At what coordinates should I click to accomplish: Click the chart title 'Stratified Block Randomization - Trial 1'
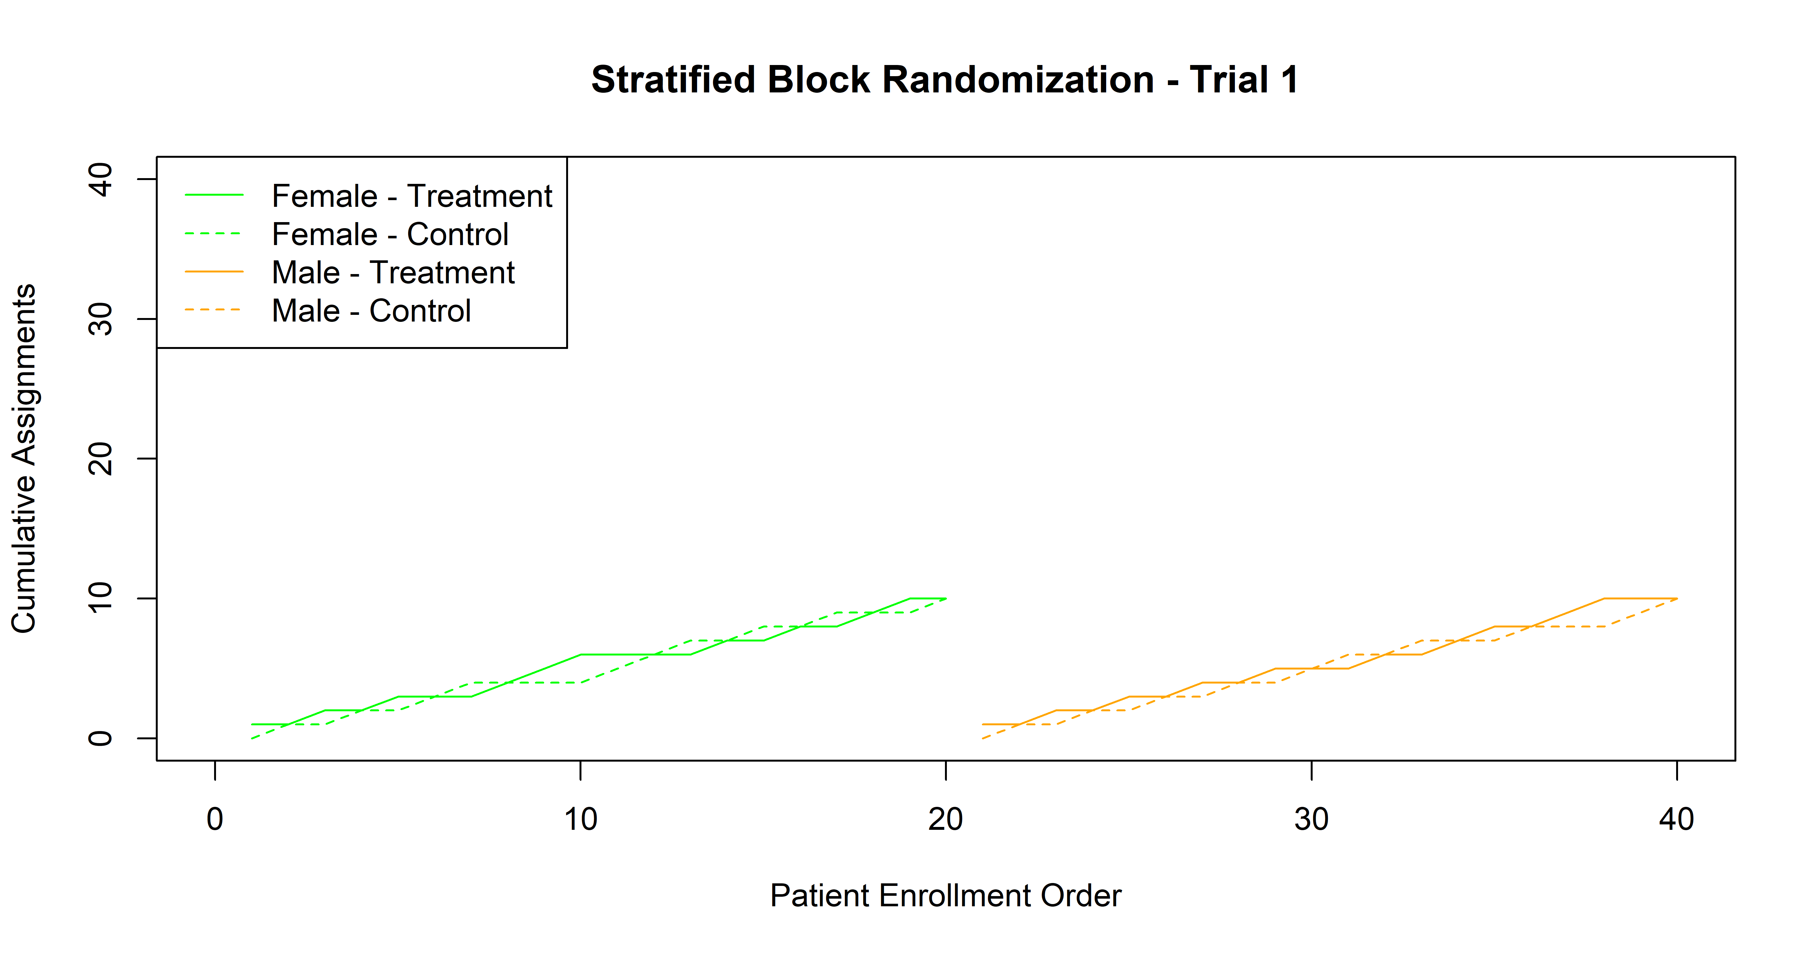945,80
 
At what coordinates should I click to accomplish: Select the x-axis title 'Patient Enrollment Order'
945,895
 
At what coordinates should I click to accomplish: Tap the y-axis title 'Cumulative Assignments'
24,458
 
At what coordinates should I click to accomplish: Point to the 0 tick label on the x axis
215,819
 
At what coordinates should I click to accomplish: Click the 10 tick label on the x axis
580,819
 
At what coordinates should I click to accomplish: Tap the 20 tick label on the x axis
945,819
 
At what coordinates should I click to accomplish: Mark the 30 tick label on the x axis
1311,819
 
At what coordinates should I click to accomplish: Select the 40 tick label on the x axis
1676,819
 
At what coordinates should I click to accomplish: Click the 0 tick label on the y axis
101,738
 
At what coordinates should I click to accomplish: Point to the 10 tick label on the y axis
101,598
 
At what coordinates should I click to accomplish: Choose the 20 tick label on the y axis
101,459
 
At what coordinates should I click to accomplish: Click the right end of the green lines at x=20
945,598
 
